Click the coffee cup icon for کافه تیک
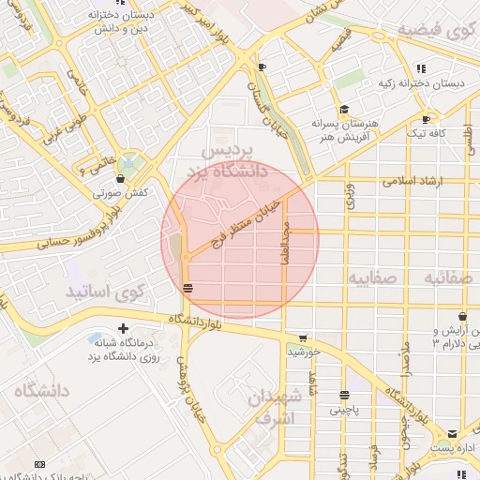[x=427, y=119]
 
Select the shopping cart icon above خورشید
[x=302, y=338]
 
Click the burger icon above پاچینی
[x=344, y=396]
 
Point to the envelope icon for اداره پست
[x=454, y=434]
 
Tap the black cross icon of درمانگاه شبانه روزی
[x=123, y=328]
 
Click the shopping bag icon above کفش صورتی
[x=119, y=178]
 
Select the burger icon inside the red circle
[x=189, y=288]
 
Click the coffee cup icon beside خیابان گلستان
[x=262, y=67]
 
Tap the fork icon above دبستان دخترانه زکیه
[x=421, y=67]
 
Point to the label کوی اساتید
[x=103, y=292]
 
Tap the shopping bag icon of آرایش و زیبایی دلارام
[x=473, y=332]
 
